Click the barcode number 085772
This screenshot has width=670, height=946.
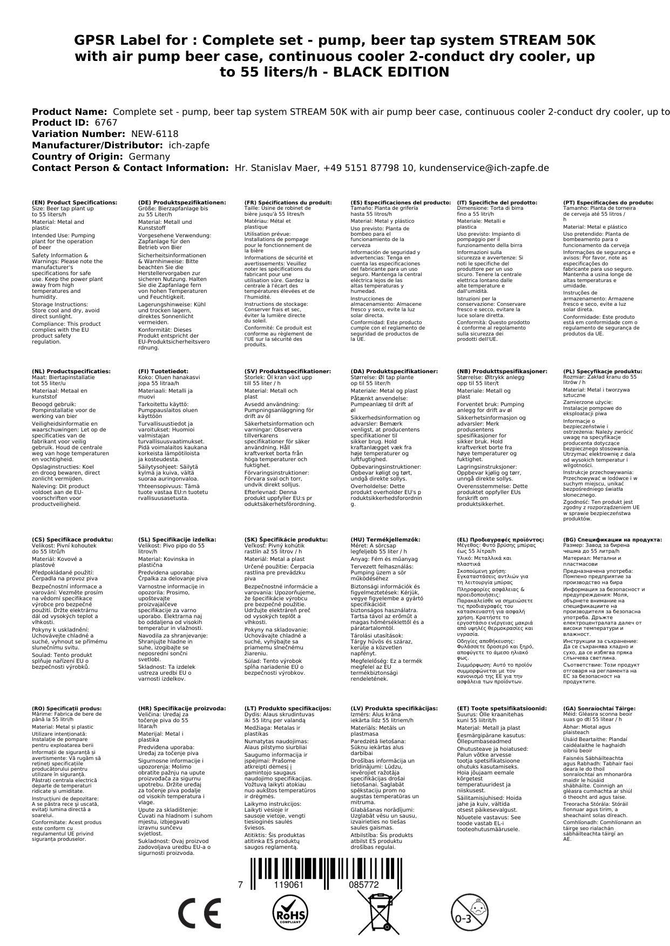point(363,885)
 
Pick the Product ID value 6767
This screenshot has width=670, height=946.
point(106,122)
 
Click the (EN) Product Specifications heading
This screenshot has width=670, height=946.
point(75,202)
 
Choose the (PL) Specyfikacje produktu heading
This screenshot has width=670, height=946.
point(603,371)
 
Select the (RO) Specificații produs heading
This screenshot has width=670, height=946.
point(67,708)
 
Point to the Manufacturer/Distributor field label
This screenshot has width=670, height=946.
point(97,145)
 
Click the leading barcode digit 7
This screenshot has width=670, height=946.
point(240,885)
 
